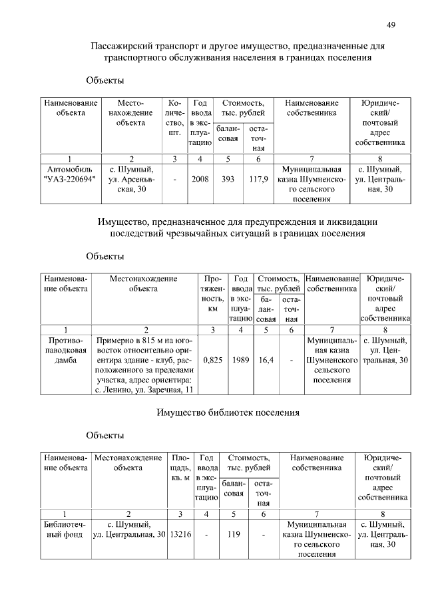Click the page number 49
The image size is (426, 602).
click(x=391, y=25)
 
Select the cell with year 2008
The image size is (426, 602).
click(x=200, y=180)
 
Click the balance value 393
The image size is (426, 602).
click(x=228, y=180)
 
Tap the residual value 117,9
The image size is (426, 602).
click(x=258, y=180)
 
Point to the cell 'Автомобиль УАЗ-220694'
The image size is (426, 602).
click(x=70, y=174)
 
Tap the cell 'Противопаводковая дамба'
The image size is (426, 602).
click(x=65, y=350)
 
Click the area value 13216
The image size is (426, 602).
click(x=180, y=533)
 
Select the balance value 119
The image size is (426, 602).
click(x=233, y=533)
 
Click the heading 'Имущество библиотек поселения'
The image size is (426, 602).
click(x=228, y=412)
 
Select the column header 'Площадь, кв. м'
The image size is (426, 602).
click(x=180, y=468)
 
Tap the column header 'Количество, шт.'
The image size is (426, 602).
click(x=175, y=118)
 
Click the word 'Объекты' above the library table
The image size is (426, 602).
click(x=105, y=436)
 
